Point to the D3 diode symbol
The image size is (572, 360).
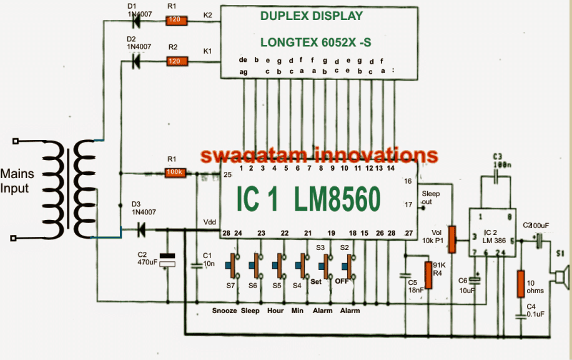[141, 231]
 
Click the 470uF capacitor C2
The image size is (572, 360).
[167, 260]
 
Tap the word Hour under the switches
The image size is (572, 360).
[275, 311]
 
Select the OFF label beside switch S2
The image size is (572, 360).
[342, 281]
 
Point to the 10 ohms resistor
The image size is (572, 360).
[520, 284]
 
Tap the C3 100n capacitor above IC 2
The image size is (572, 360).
[498, 178]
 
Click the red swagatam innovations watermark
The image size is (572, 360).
[319, 156]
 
